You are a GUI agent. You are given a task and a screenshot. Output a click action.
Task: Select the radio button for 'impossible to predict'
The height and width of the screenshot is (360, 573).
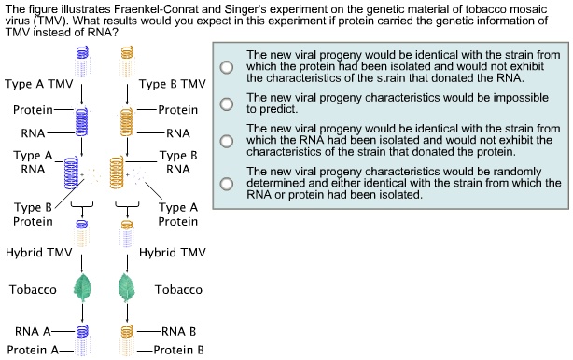click(x=227, y=104)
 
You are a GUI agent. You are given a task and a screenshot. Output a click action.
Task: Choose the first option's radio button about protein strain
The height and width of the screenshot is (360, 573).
click(x=227, y=67)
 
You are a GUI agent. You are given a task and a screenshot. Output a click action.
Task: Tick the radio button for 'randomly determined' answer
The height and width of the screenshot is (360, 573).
click(x=227, y=184)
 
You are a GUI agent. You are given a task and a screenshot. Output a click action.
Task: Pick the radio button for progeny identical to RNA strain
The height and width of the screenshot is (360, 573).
click(x=227, y=141)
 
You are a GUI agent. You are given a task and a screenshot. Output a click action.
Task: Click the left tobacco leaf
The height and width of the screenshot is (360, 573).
click(x=82, y=287)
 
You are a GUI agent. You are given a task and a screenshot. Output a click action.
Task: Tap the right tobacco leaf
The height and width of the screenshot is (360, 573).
click(x=127, y=287)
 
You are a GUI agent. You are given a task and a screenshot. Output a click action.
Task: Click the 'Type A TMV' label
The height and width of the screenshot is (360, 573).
click(x=39, y=84)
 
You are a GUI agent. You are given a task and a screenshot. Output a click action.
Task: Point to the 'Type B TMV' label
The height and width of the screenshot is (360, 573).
click(x=172, y=84)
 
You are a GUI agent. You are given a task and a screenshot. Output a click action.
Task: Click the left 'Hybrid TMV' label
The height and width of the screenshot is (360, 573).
click(x=39, y=253)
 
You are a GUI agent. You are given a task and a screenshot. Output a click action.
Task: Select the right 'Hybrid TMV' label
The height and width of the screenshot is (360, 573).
click(x=173, y=253)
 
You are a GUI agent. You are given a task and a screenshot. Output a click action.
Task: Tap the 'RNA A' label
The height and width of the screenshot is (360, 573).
click(x=33, y=331)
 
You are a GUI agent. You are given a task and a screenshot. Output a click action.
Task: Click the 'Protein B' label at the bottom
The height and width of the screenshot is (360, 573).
click(x=178, y=350)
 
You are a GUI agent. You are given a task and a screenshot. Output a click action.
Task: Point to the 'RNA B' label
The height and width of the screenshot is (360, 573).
click(x=178, y=331)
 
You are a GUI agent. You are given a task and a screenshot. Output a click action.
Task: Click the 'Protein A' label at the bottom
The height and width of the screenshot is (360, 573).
click(x=33, y=350)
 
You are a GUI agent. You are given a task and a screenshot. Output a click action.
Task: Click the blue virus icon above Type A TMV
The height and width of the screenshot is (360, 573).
click(x=82, y=62)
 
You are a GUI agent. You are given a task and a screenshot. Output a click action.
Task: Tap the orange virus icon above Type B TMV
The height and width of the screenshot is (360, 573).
click(x=127, y=62)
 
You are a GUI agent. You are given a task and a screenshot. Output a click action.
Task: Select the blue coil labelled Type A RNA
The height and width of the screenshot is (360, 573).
click(x=71, y=173)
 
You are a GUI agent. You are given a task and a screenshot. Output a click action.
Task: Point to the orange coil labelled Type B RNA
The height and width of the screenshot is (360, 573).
click(x=117, y=173)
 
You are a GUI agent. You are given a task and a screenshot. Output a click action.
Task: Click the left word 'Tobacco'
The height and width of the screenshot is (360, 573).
click(x=33, y=289)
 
